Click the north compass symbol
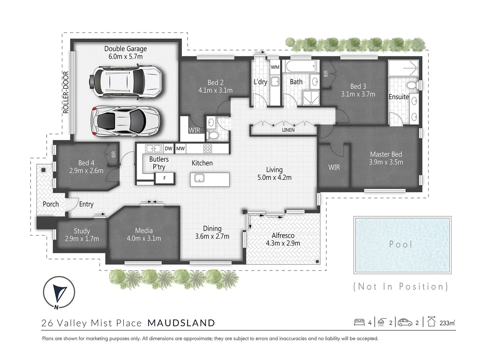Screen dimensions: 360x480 (x=59, y=293)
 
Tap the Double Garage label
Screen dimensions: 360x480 (x=125, y=49)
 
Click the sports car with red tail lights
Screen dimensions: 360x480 (x=125, y=121)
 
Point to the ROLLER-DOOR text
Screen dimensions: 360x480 (x=66, y=92)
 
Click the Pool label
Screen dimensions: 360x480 (x=401, y=244)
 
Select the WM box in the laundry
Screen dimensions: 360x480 (x=275, y=67)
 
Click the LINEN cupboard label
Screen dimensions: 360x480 (x=288, y=130)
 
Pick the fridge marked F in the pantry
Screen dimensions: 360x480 (x=165, y=178)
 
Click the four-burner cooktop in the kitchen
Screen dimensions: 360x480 (x=208, y=149)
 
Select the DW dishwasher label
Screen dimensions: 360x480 (x=169, y=149)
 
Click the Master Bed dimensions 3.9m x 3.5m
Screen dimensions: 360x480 (x=386, y=162)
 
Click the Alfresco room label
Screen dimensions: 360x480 (x=283, y=235)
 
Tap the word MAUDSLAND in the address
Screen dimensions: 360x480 (x=181, y=323)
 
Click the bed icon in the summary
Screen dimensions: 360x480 (x=359, y=322)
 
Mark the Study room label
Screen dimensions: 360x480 (x=82, y=231)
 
